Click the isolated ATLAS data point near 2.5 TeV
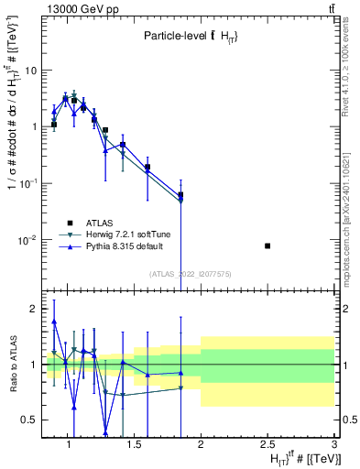pos(267,245)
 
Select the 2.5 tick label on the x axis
pos(267,445)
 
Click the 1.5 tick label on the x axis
pos(133,445)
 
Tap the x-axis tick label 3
pos(334,445)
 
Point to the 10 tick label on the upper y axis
pos(29,70)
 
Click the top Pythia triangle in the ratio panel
pos(54,322)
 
